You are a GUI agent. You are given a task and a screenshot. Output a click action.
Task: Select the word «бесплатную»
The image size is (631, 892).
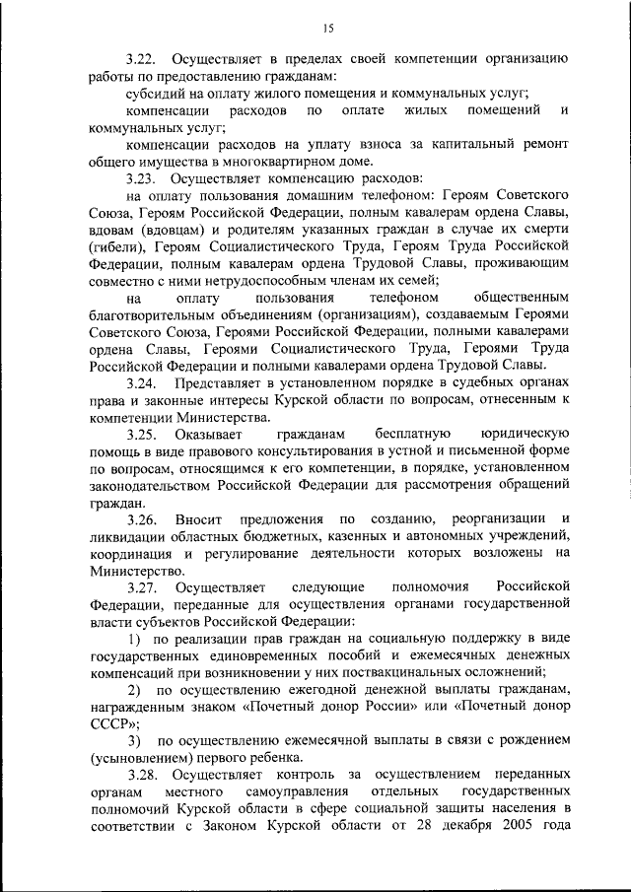(412, 435)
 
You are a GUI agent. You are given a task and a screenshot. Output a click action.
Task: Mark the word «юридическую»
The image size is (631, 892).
(524, 435)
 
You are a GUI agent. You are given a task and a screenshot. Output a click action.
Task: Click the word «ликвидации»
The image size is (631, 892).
(125, 536)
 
